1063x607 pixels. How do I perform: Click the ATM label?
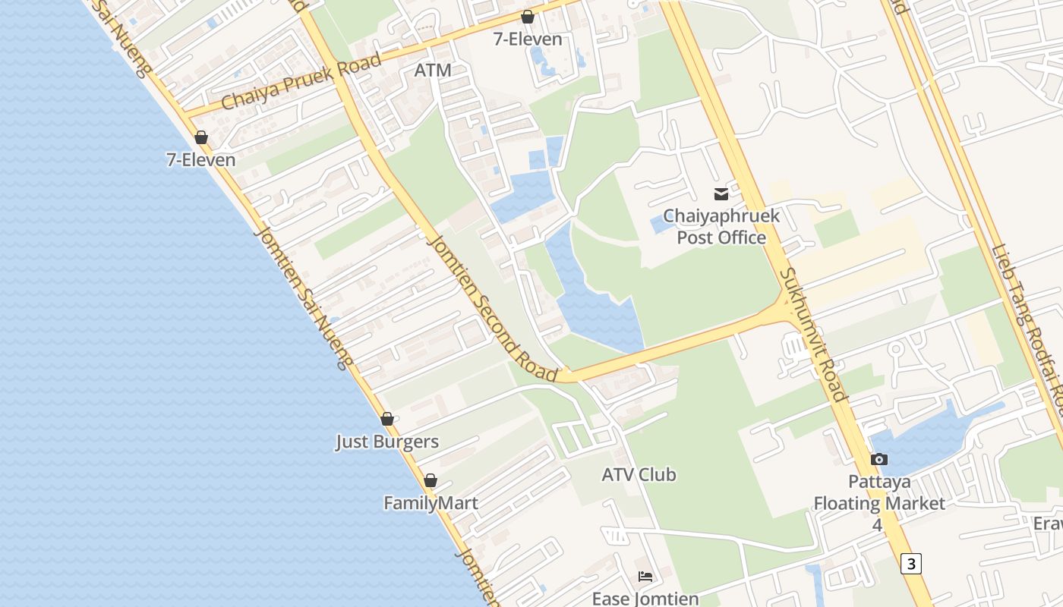point(433,71)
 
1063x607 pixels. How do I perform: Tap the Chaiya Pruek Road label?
point(301,83)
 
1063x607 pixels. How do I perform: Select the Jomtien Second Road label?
point(494,308)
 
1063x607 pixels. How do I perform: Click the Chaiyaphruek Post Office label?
point(721,227)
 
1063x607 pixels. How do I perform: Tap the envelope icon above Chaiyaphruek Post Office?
point(721,194)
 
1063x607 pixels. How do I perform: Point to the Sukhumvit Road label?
point(812,334)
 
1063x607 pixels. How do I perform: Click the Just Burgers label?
point(387,442)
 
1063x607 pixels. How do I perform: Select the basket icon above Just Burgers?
point(387,419)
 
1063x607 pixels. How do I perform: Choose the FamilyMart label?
point(431,503)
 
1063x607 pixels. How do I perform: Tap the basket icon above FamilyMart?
point(431,480)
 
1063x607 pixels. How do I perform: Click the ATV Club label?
point(639,475)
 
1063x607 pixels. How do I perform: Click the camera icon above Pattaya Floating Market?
point(879,459)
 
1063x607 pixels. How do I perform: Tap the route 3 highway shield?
point(912,564)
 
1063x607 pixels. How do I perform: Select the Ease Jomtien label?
point(645,599)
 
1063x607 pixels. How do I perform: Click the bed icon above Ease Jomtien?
point(645,577)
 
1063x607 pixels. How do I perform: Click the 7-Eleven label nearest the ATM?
point(528,39)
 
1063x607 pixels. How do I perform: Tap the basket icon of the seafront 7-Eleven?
point(201,137)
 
